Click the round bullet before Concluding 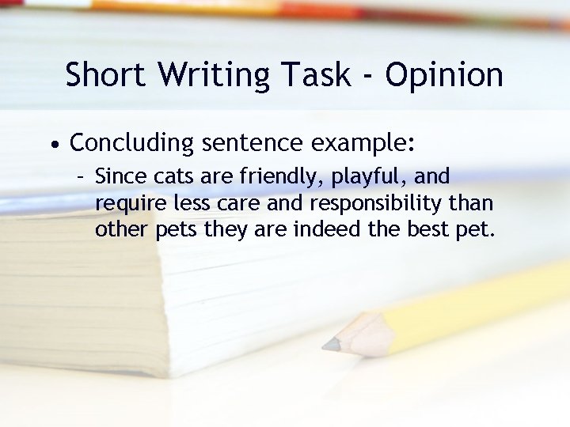52,145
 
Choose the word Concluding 131,145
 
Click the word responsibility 377,205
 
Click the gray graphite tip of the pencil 330,345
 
